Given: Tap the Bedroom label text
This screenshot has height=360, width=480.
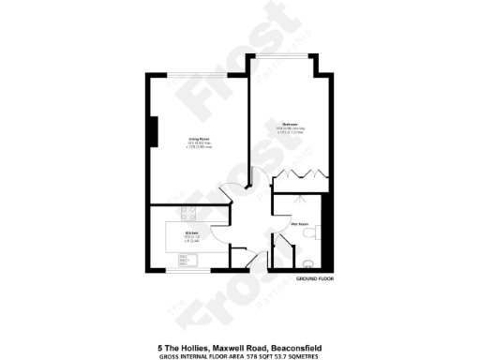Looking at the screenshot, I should (292, 124).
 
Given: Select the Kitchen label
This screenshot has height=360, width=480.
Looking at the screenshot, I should (191, 232).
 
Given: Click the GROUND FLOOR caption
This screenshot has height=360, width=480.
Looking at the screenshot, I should (314, 279).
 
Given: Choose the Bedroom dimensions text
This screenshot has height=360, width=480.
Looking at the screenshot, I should (292, 131).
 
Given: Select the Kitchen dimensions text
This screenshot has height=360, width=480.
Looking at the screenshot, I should (191, 239).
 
